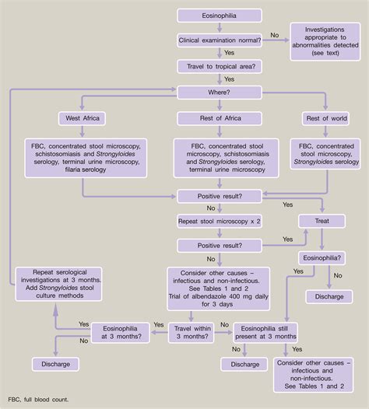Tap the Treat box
point(322,222)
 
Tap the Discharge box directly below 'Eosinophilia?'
point(322,296)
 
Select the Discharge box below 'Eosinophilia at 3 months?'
point(54,364)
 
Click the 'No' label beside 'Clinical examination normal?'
point(274,35)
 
